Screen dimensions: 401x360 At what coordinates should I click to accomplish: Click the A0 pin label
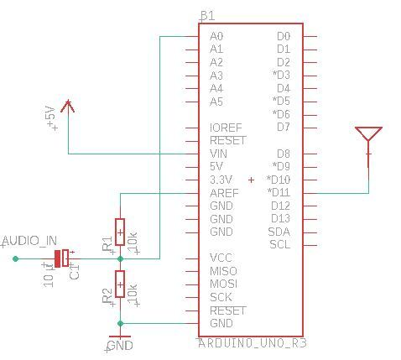tap(216, 36)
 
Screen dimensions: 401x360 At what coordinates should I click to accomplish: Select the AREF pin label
tap(224, 193)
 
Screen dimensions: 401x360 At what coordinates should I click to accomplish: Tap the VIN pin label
tap(218, 154)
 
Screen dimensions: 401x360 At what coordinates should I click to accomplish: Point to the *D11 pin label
tap(279, 192)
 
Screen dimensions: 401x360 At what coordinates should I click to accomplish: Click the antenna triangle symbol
tap(368, 133)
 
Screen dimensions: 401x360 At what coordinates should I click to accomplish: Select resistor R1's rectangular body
tap(120, 232)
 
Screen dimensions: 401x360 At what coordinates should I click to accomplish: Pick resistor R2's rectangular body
tap(120, 284)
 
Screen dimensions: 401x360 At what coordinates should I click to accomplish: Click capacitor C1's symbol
tap(62, 258)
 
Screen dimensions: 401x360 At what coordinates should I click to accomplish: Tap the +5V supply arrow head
tap(68, 107)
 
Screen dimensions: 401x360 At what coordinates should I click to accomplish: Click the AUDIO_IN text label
tap(29, 241)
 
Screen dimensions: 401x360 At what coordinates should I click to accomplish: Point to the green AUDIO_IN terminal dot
tap(16, 258)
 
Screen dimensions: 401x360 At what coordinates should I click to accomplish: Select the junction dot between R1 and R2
tap(120, 259)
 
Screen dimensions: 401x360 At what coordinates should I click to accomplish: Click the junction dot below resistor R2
tap(120, 324)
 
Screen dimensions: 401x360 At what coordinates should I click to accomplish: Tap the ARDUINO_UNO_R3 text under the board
tap(253, 343)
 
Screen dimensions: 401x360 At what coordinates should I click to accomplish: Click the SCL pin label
tap(280, 245)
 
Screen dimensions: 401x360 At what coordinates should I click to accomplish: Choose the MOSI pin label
tap(223, 284)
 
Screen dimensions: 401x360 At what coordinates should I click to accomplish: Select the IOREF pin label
tap(226, 128)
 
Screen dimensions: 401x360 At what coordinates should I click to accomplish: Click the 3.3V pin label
tap(221, 180)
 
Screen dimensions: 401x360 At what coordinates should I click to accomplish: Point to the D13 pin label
tap(280, 218)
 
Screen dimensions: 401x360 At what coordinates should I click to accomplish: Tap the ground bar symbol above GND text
tap(120, 337)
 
